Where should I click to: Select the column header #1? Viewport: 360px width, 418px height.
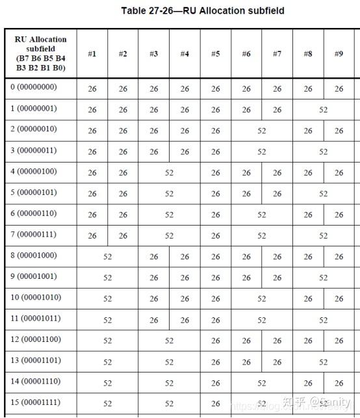pyautogui.click(x=92, y=54)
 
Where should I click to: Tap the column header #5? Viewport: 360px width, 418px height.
pyautogui.click(x=215, y=54)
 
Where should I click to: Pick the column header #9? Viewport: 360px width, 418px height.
pyautogui.click(x=339, y=54)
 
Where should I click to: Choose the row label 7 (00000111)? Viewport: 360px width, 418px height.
pyautogui.click(x=34, y=234)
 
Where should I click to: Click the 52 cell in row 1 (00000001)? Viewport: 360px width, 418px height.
pyautogui.click(x=323, y=110)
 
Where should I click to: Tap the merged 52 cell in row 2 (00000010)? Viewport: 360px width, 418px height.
pyautogui.click(x=261, y=131)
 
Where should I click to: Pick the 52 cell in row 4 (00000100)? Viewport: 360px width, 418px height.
pyautogui.click(x=169, y=173)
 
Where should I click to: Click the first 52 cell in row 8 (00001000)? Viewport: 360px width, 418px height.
pyautogui.click(x=107, y=257)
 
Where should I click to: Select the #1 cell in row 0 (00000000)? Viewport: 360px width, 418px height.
pyautogui.click(x=92, y=89)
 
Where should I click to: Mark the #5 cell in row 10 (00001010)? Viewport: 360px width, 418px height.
pyautogui.click(x=215, y=299)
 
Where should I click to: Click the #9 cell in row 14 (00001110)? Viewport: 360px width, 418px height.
pyautogui.click(x=339, y=383)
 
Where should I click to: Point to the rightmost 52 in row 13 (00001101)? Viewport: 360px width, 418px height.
pyautogui.click(x=323, y=362)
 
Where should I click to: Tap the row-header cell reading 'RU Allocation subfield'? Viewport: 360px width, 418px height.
pyautogui.click(x=40, y=53)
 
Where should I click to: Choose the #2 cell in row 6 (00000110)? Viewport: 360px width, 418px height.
pyautogui.click(x=123, y=215)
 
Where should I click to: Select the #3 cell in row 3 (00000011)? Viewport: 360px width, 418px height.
pyautogui.click(x=153, y=152)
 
